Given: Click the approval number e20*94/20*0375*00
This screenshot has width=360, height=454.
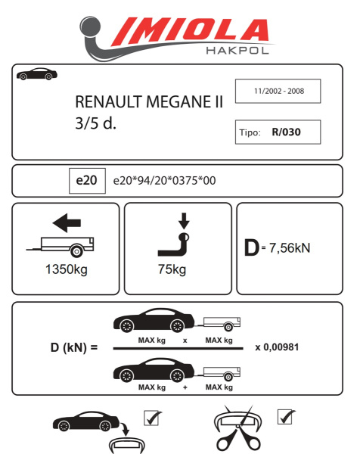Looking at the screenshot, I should (x=163, y=182).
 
